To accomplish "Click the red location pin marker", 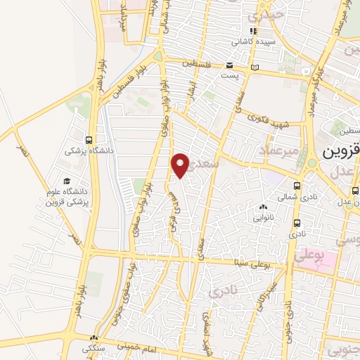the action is pyautogui.click(x=181, y=165).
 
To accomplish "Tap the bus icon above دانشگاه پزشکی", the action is pyautogui.click(x=87, y=139).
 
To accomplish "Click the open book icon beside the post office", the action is pyautogui.click(x=255, y=67).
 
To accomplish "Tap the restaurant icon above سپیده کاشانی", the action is pyautogui.click(x=253, y=31).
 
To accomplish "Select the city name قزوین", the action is pyautogui.click(x=340, y=153).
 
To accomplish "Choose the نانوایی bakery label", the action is pyautogui.click(x=264, y=217).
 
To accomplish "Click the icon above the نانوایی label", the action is pyautogui.click(x=264, y=207).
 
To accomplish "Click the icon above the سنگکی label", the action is pyautogui.click(x=94, y=338).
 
